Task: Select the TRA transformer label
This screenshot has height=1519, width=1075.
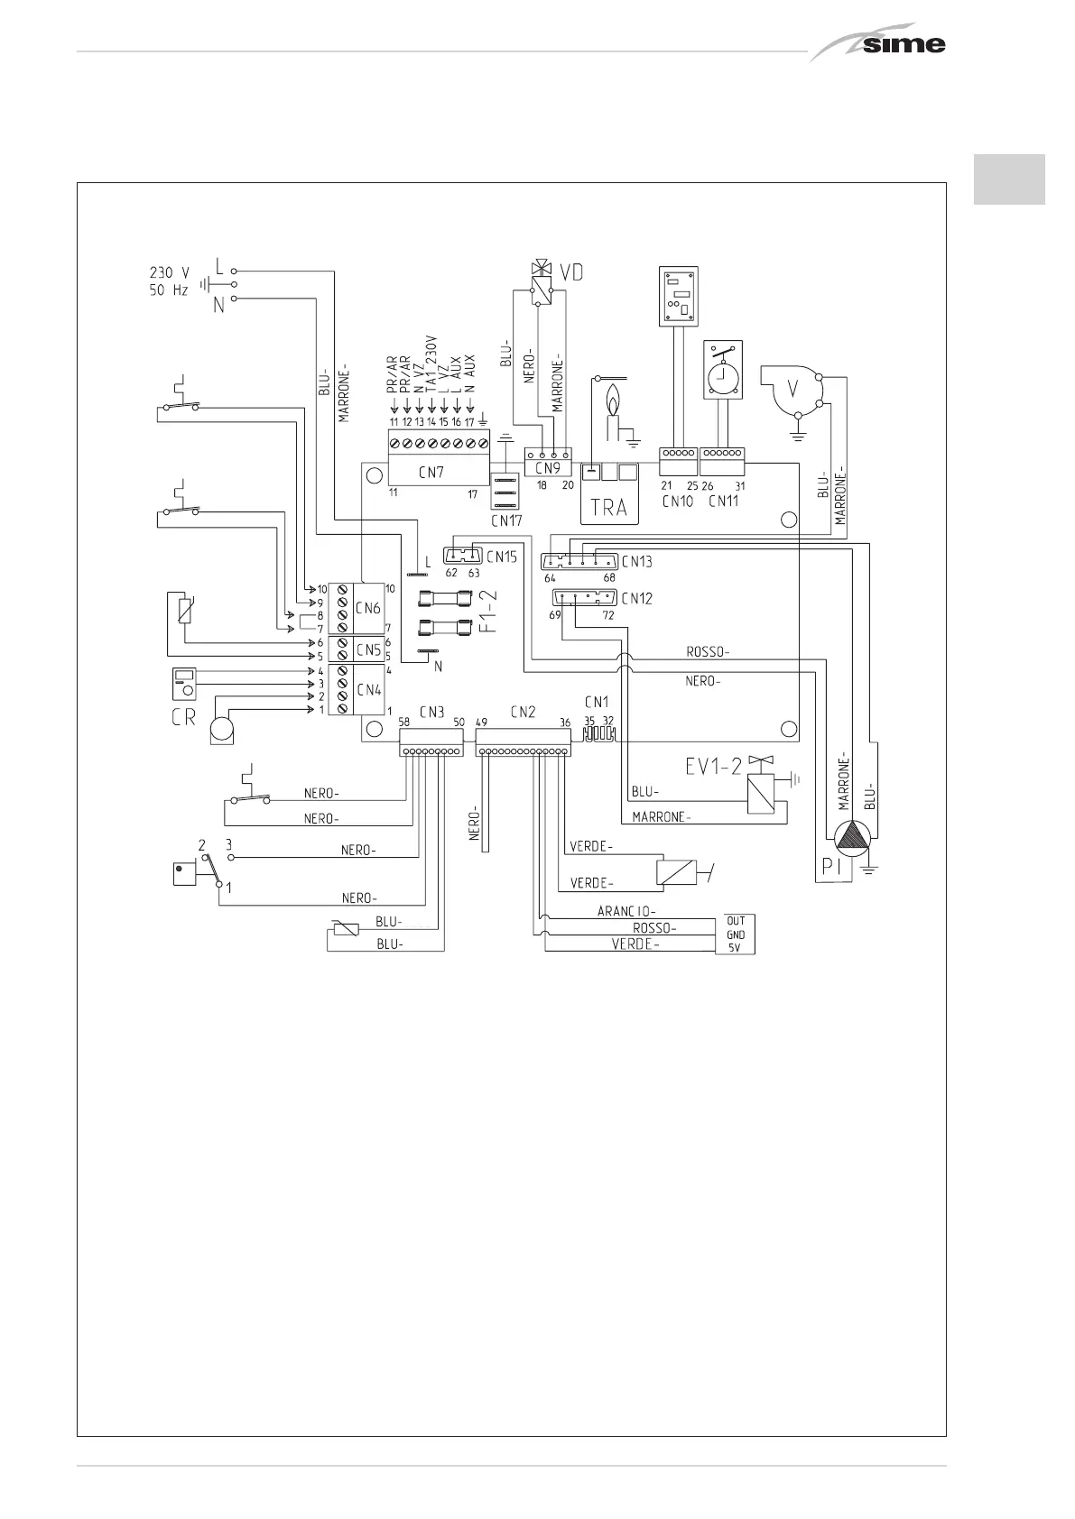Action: click(x=608, y=507)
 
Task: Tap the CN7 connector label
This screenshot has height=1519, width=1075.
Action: click(x=431, y=472)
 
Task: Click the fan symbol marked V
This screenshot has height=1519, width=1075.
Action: click(x=794, y=390)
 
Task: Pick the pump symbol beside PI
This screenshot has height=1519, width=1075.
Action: click(x=849, y=840)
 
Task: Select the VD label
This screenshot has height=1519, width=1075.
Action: click(x=570, y=271)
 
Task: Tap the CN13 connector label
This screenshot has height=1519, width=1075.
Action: click(x=636, y=561)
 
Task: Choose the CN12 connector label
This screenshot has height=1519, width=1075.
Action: click(x=636, y=598)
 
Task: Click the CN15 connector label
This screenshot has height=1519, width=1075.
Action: click(x=502, y=557)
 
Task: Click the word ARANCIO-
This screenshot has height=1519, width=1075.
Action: click(x=626, y=911)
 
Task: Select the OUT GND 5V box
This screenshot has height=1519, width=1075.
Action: click(x=736, y=934)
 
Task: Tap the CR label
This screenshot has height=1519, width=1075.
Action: click(x=183, y=720)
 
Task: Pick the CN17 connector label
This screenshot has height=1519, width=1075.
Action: click(x=506, y=520)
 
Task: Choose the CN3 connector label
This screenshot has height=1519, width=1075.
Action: click(x=431, y=712)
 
